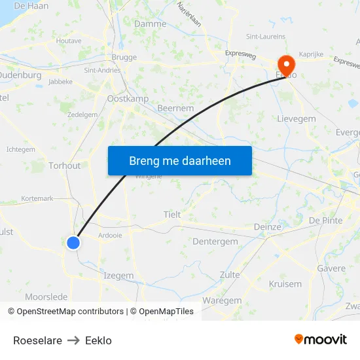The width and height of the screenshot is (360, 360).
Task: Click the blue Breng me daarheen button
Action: click(179, 160)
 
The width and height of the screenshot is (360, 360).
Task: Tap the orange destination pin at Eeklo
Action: click(287, 64)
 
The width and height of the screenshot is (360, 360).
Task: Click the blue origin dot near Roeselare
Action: click(73, 243)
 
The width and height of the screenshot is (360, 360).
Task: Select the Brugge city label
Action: click(124, 58)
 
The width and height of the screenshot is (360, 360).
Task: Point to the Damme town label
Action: click(150, 24)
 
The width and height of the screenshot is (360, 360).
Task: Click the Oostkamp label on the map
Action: click(127, 99)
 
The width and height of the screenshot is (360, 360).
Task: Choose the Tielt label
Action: click(172, 215)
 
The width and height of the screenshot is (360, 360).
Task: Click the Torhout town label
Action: click(65, 166)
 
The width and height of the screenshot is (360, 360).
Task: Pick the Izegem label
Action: click(118, 276)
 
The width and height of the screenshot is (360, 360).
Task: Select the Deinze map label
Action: click(267, 227)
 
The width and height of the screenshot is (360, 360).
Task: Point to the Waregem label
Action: click(222, 300)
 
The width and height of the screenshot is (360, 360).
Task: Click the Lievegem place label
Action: click(297, 119)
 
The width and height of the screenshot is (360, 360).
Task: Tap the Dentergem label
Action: click(215, 242)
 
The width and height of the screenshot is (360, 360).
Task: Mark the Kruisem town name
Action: click(285, 284)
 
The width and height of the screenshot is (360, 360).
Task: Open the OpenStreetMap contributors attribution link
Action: click(70, 312)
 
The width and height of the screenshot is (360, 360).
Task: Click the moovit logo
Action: click(321, 340)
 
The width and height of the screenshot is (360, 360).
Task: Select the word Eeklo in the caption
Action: click(98, 340)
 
